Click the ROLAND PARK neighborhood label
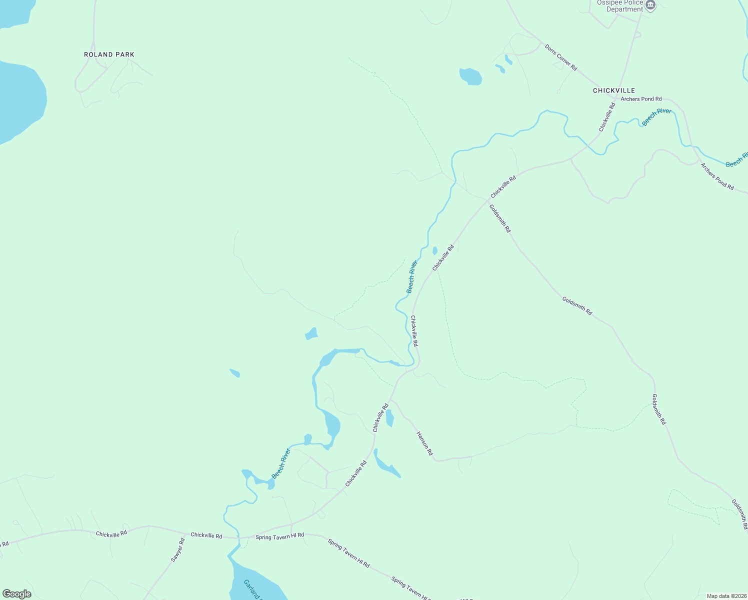coord(109,54)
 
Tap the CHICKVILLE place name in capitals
coord(613,90)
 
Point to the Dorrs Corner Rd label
coord(561,57)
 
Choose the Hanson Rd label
coord(424,443)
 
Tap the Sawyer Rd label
coord(177,550)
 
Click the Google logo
coord(17,594)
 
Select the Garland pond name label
coord(252,589)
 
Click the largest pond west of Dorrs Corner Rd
coord(470,76)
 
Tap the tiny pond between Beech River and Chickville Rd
coord(434,250)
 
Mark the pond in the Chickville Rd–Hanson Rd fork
coord(389,418)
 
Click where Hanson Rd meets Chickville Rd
coord(391,400)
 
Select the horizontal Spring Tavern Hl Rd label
coord(279,536)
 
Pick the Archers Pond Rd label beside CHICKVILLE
coord(641,99)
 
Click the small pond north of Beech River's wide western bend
coord(311,334)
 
